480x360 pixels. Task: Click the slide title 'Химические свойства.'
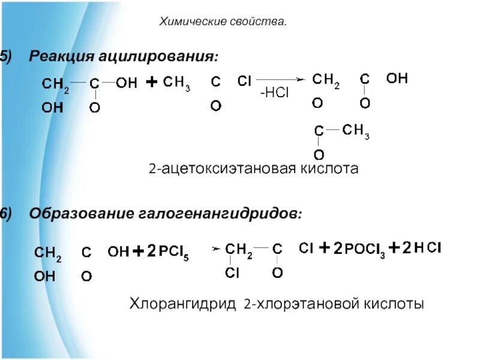pyautogui.click(x=223, y=22)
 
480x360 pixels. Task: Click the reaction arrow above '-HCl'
pyautogui.click(x=281, y=79)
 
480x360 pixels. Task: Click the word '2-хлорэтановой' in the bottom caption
pyautogui.click(x=301, y=304)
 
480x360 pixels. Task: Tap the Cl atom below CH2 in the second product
pyautogui.click(x=233, y=273)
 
